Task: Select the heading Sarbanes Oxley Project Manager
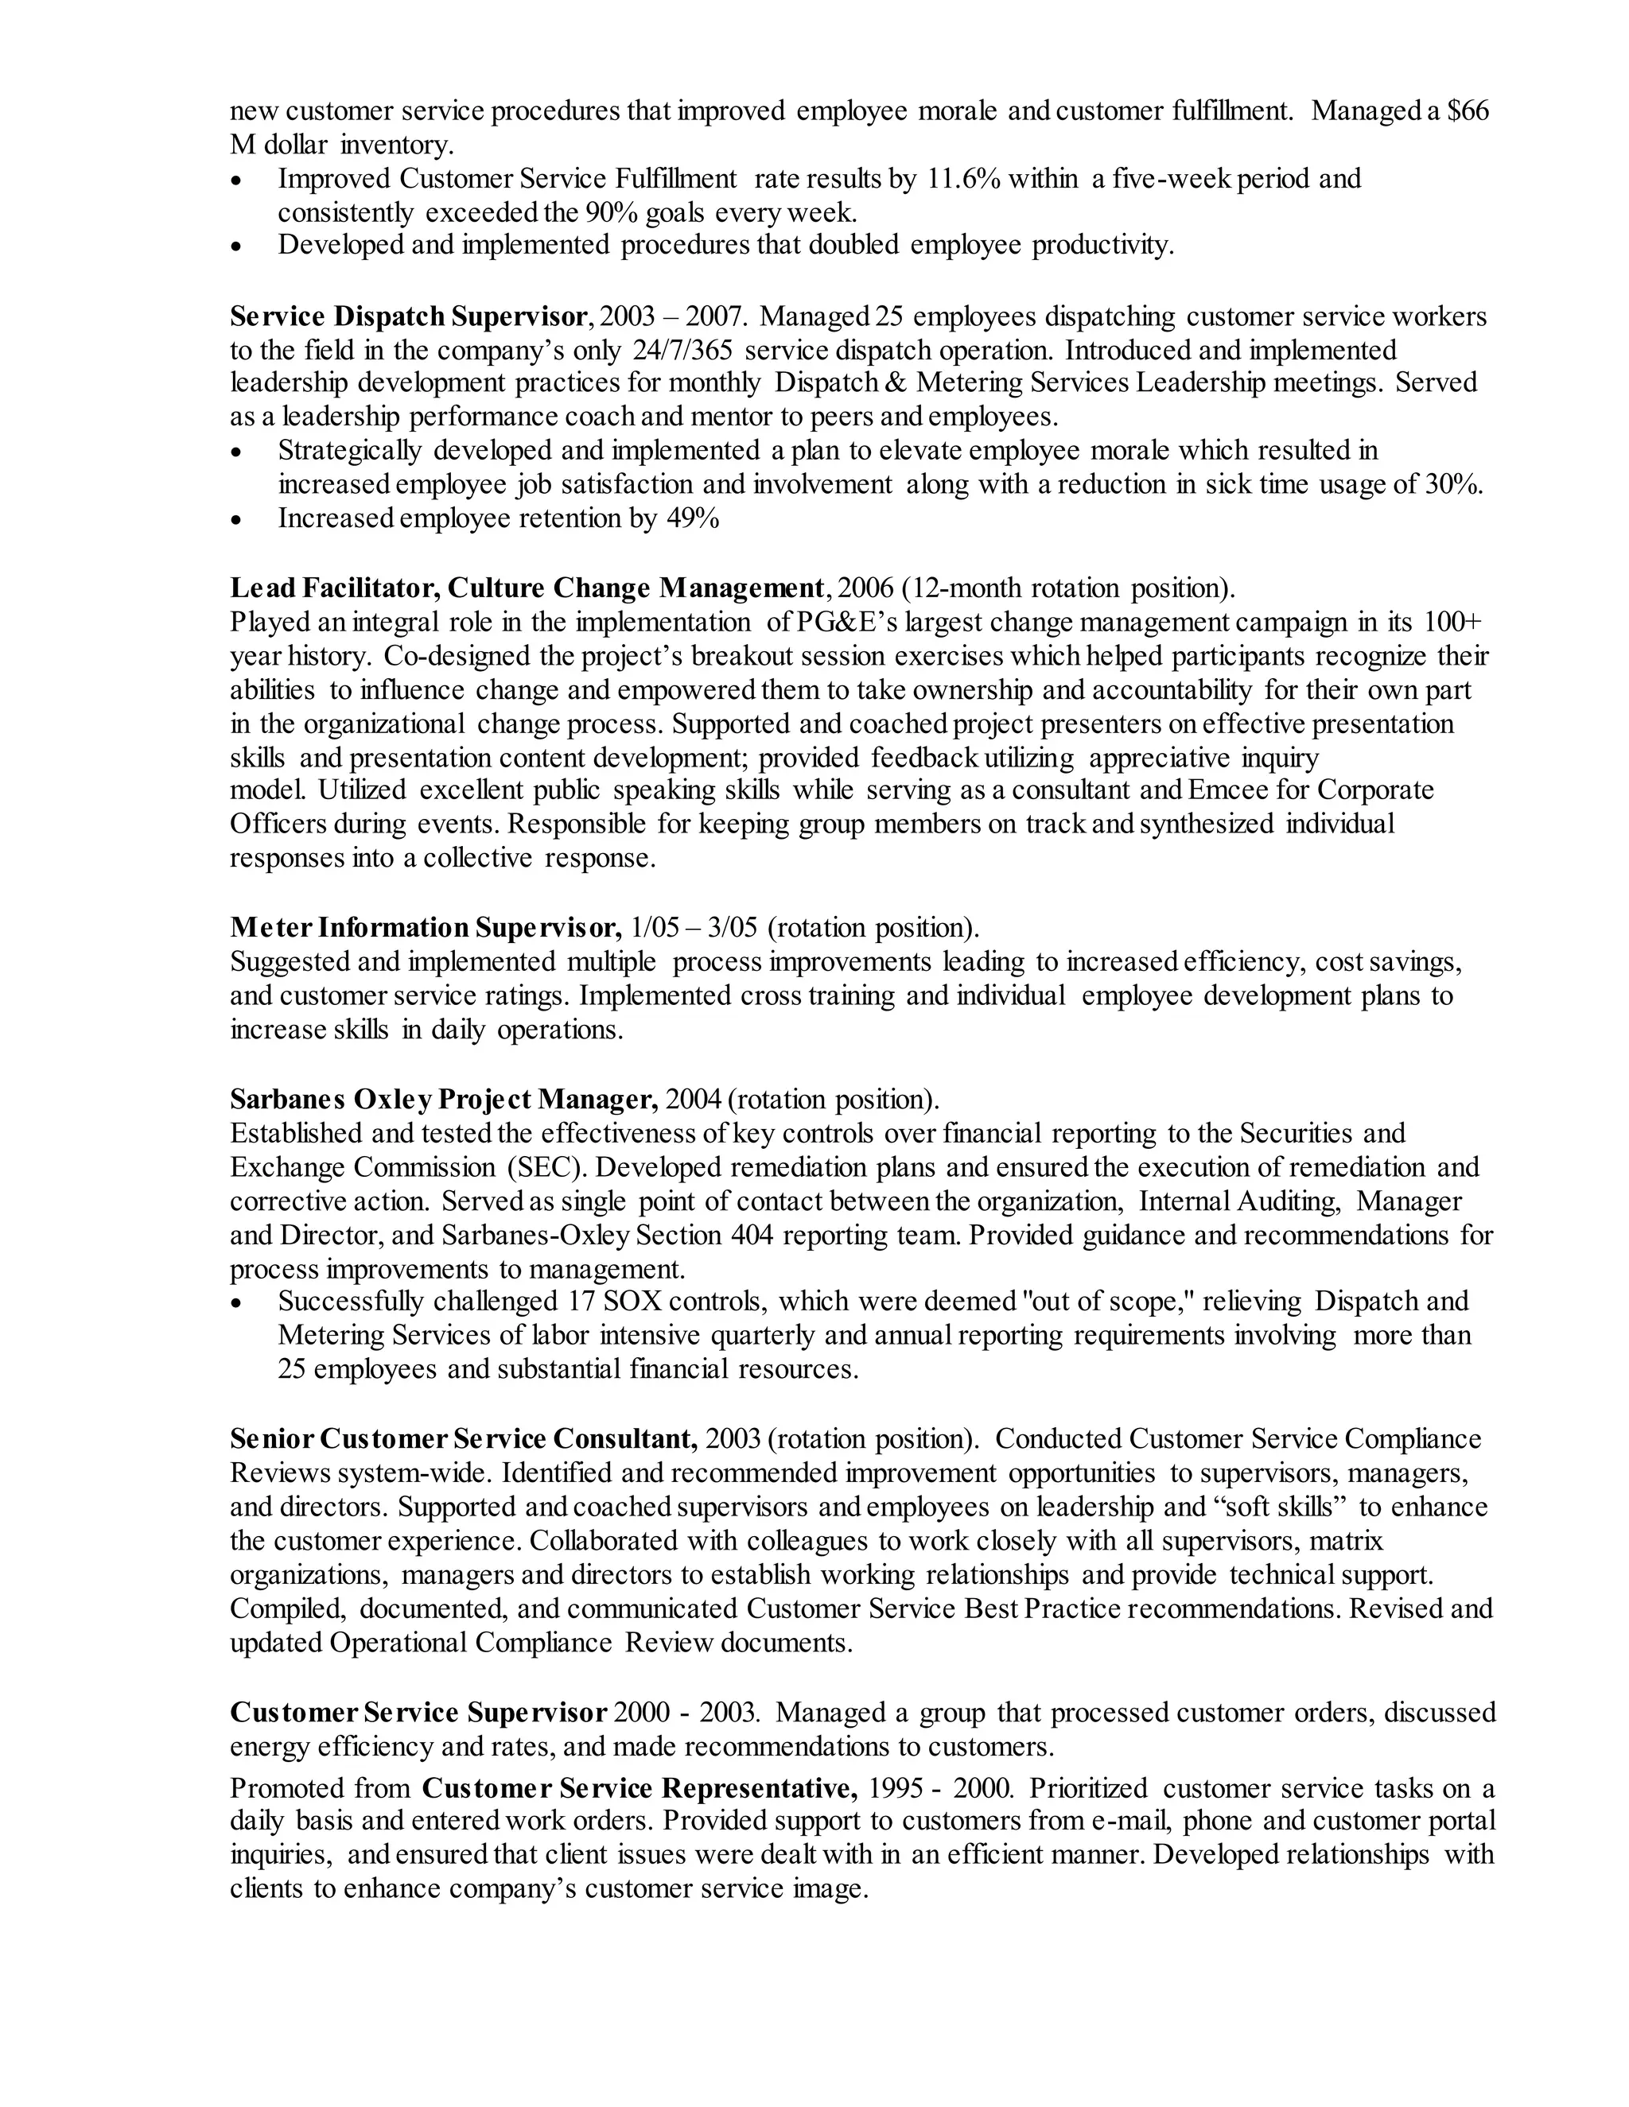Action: [444, 1099]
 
